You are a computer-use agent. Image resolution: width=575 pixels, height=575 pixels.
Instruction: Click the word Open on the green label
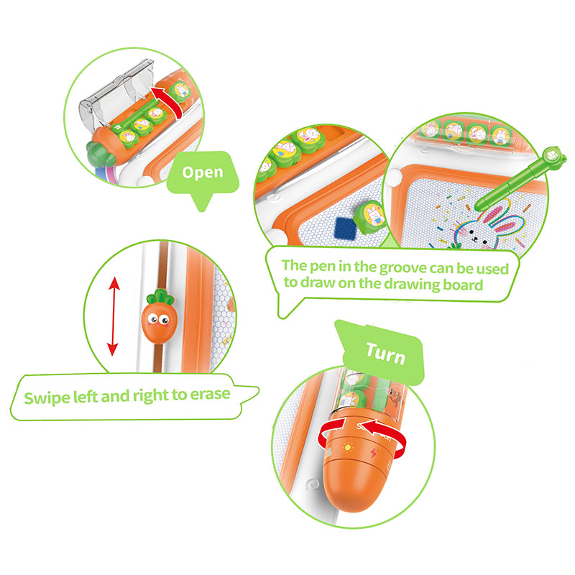point(203,172)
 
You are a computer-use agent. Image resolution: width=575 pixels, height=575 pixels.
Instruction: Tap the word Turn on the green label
point(386,354)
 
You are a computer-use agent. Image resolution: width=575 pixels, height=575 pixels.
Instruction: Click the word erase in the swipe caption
point(210,394)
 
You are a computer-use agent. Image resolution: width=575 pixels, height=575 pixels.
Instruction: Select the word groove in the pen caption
point(402,267)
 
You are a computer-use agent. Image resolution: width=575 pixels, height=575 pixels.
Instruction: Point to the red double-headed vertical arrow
point(114,316)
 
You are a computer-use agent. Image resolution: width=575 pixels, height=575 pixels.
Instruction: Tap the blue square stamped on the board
point(346,228)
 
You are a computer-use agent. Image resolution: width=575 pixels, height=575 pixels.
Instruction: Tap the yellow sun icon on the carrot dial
point(347,448)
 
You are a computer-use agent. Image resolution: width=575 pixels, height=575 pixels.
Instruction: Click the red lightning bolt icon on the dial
point(374,454)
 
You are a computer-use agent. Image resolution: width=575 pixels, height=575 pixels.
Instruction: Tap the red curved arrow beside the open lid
point(170,101)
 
